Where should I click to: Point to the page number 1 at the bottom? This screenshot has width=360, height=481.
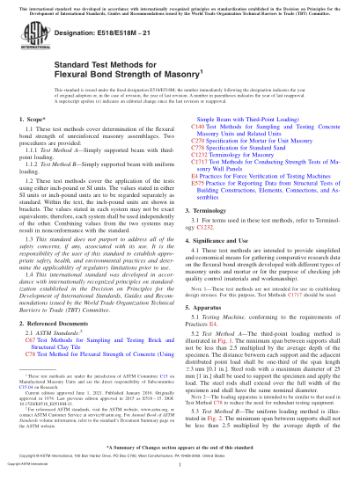point(180,476)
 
